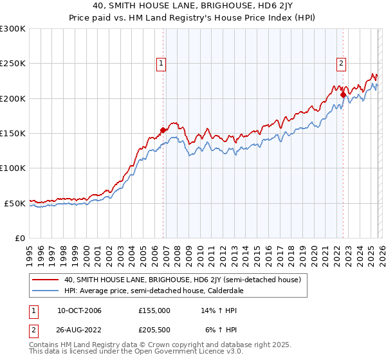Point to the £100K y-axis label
coord(13,168)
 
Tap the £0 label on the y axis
coord(19,238)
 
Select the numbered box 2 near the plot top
coord(340,63)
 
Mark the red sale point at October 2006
coord(163,130)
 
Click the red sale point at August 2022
coord(343,95)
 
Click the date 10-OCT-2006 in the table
coord(79,310)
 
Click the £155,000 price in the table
coord(154,310)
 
